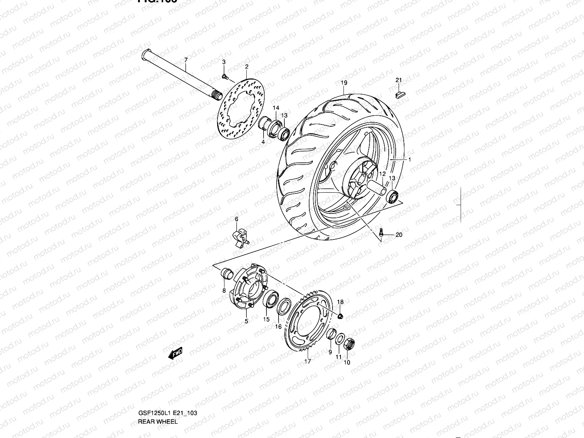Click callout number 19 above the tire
pyautogui.click(x=344, y=83)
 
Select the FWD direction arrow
pyautogui.click(x=176, y=353)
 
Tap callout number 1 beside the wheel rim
pyautogui.click(x=410, y=160)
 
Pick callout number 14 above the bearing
pyautogui.click(x=276, y=108)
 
